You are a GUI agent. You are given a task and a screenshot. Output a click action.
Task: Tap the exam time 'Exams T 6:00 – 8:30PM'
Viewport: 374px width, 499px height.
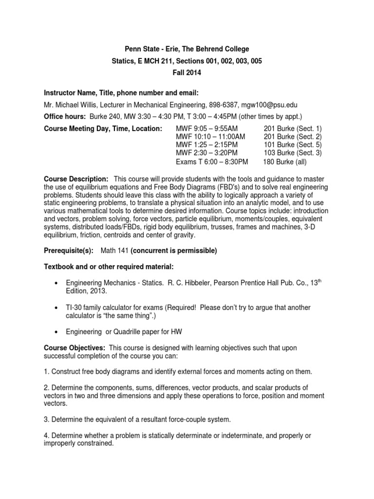(212, 161)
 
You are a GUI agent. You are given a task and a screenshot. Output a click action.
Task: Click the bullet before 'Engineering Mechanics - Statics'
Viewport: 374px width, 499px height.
(58, 283)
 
